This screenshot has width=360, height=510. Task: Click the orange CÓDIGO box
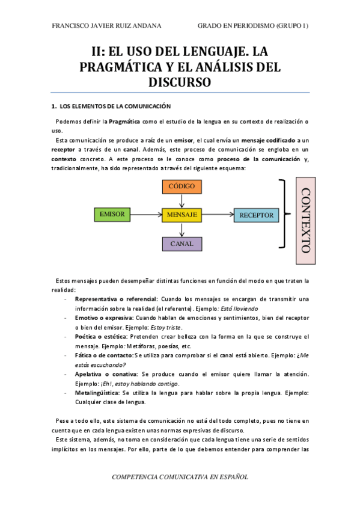coord(182,186)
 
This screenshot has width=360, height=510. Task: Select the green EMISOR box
coord(112,214)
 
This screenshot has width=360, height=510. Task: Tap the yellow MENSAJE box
coord(182,214)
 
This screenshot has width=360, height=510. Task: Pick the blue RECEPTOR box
coord(256,215)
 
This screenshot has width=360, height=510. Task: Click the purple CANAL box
coord(182,244)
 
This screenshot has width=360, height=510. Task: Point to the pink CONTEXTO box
coord(305,220)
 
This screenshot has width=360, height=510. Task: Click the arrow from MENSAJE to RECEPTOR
coord(218,214)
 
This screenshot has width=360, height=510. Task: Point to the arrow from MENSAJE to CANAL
coord(182,229)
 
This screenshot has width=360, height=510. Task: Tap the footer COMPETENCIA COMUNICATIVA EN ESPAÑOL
coord(180,476)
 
